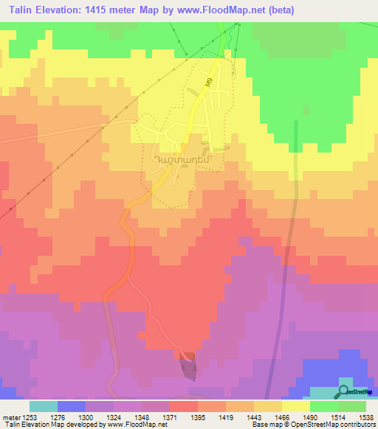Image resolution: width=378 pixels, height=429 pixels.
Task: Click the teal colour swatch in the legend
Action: [x=44, y=406]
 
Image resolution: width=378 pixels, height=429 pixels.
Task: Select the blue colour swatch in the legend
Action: [x=72, y=406]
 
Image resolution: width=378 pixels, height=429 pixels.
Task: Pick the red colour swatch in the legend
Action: [x=184, y=406]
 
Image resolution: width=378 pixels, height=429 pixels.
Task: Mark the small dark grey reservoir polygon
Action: [x=189, y=364]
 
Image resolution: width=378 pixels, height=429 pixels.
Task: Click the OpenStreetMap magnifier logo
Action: [x=343, y=391]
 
